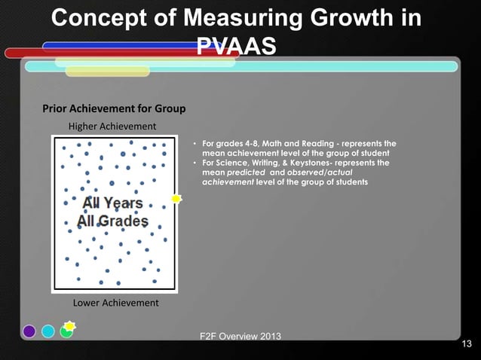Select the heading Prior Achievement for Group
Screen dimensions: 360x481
pos(113,108)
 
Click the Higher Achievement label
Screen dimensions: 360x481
pos(112,125)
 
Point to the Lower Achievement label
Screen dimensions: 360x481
pos(115,303)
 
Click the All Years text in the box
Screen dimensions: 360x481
pos(112,203)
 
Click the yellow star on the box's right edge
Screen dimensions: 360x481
pos(176,199)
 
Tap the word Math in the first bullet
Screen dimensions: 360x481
pos(276,143)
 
